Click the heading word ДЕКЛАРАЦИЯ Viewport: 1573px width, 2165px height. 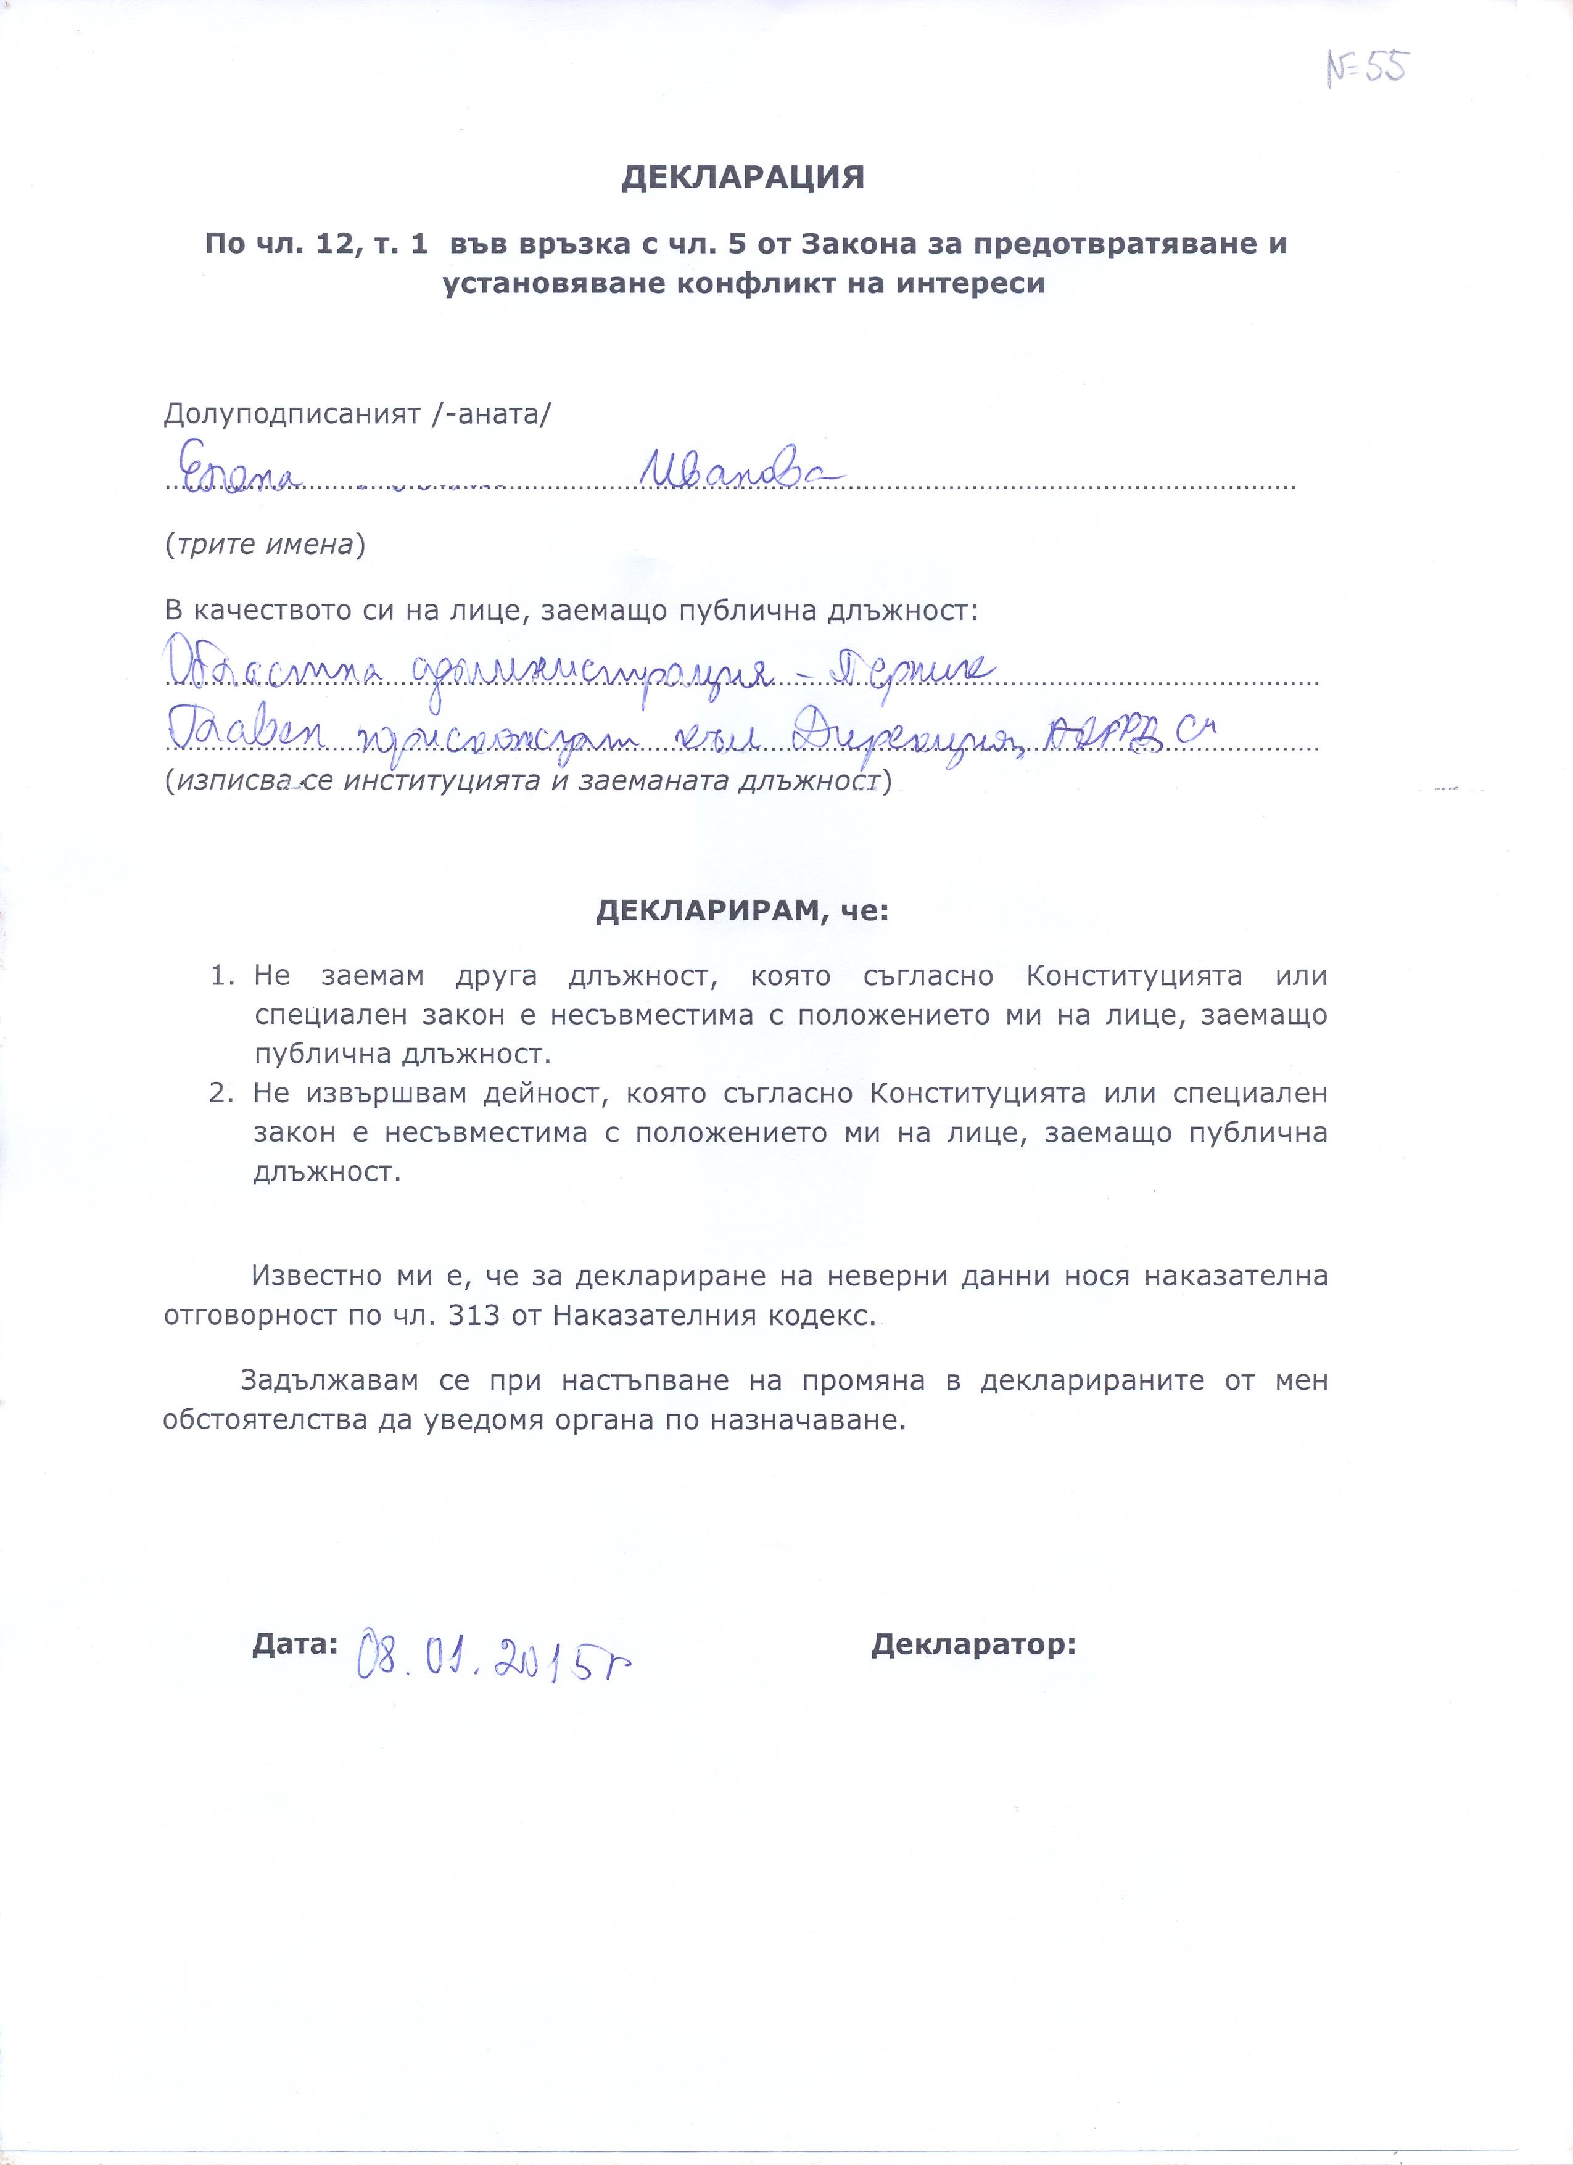[x=743, y=178]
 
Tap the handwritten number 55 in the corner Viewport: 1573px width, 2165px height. [x=1367, y=68]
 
